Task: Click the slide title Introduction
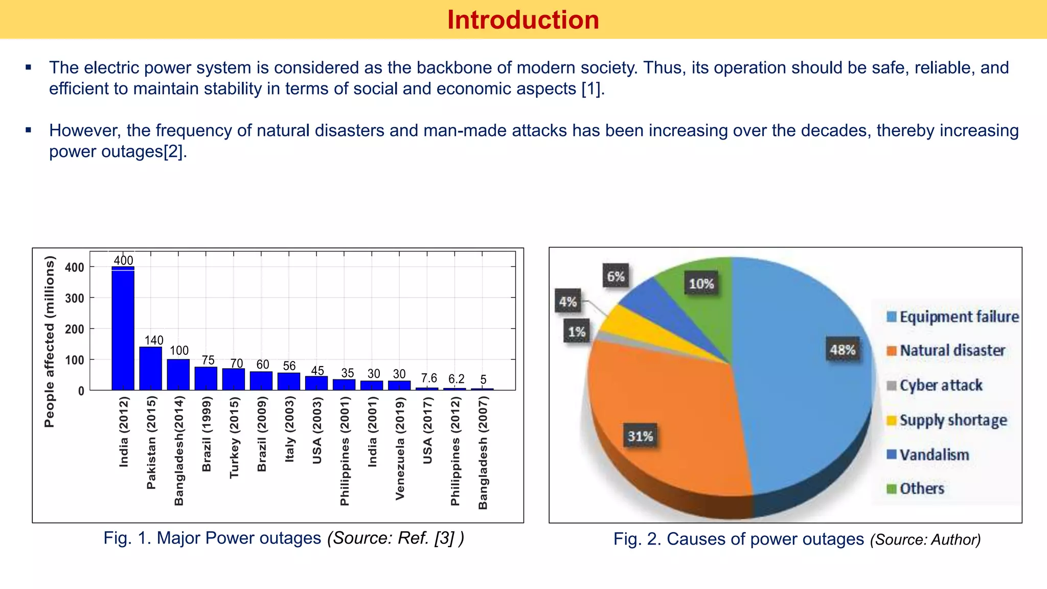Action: click(522, 20)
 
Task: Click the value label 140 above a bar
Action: click(154, 340)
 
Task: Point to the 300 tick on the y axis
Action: click(75, 298)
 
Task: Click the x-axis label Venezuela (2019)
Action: click(400, 448)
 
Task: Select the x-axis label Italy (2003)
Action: click(289, 429)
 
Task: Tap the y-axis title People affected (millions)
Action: click(49, 342)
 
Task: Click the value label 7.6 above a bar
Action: click(429, 378)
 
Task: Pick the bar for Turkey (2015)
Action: click(234, 379)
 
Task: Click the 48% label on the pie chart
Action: click(843, 350)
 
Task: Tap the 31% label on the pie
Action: click(640, 436)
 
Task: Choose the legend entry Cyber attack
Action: click(941, 385)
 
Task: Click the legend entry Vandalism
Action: click(934, 455)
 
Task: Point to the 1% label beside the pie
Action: click(577, 332)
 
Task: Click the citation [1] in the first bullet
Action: click(591, 89)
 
